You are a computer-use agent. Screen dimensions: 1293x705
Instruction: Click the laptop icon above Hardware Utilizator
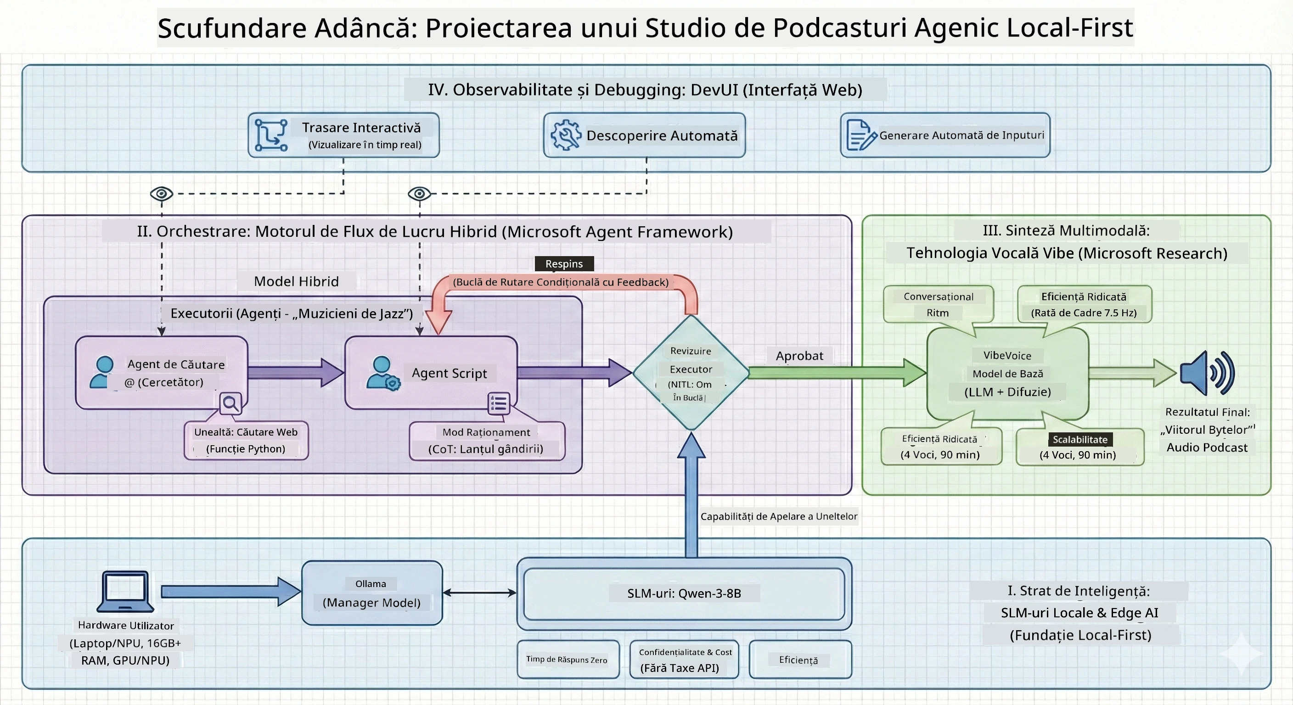click(125, 591)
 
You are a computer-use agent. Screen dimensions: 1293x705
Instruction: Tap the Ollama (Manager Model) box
click(372, 593)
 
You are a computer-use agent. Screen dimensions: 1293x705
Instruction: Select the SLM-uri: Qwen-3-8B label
click(684, 593)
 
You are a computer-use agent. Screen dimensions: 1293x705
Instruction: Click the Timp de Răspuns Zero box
click(568, 660)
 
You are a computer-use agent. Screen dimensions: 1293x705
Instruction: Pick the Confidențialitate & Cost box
click(684, 660)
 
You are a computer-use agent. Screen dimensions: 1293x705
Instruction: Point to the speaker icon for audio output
click(1207, 373)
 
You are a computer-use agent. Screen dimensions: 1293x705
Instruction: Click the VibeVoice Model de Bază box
click(1007, 373)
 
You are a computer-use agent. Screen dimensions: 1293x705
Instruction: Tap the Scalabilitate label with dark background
click(1080, 440)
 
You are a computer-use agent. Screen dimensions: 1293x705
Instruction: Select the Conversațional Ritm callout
click(938, 304)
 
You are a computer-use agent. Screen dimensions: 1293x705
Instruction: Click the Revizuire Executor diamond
click(691, 372)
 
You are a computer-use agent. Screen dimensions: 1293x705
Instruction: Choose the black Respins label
click(564, 263)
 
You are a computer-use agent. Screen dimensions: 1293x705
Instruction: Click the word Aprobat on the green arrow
click(799, 356)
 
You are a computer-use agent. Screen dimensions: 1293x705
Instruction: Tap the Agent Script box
click(431, 372)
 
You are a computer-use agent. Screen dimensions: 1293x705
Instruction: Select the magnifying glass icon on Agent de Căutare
click(231, 403)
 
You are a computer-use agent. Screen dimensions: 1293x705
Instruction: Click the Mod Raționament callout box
click(487, 441)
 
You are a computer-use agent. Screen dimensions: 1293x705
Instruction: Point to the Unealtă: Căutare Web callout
click(246, 440)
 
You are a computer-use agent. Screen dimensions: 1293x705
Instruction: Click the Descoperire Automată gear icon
click(566, 135)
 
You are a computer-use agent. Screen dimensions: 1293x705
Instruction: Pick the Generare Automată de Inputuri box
click(945, 135)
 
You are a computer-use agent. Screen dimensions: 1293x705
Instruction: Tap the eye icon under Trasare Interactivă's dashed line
click(162, 193)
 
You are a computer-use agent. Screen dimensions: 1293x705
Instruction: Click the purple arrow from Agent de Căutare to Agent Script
click(296, 372)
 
